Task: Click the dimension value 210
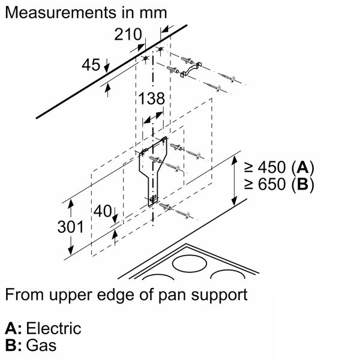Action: tap(128, 35)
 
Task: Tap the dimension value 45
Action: tap(91, 64)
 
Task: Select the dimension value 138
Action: tap(151, 100)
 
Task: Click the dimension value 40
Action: tap(103, 211)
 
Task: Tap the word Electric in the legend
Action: tap(52, 329)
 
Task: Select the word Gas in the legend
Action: tap(41, 347)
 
